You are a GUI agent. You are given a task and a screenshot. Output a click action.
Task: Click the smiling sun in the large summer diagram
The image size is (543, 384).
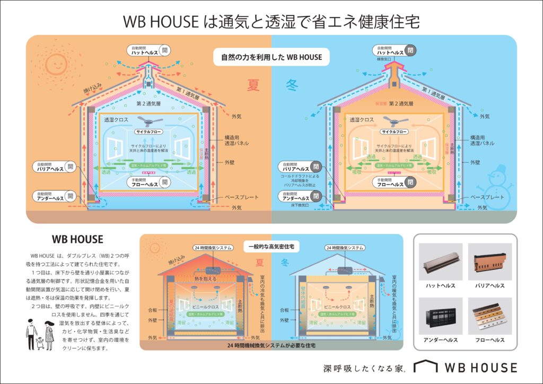pyautogui.click(x=55, y=63)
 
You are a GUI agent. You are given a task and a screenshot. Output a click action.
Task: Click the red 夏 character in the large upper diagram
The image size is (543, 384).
pyautogui.click(x=255, y=84)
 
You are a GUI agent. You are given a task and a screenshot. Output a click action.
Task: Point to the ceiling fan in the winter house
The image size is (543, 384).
pyautogui.click(x=393, y=120)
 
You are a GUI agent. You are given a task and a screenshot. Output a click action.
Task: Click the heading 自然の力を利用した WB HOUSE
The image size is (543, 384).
pyautogui.click(x=271, y=57)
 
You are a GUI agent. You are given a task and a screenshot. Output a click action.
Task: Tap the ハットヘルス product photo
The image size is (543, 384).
pyautogui.click(x=441, y=263)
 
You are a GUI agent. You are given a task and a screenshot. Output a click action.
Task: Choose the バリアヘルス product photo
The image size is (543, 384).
pyautogui.click(x=489, y=263)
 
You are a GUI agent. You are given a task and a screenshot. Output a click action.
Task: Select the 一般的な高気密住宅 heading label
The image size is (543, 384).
pyautogui.click(x=271, y=247)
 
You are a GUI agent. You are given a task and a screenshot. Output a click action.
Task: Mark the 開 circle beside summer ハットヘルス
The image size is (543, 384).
pyautogui.click(x=165, y=50)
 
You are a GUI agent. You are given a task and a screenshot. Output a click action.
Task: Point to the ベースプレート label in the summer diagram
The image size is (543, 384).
pyautogui.click(x=241, y=197)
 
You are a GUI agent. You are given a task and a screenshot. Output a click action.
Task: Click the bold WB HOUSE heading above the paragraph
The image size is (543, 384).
pyautogui.click(x=77, y=239)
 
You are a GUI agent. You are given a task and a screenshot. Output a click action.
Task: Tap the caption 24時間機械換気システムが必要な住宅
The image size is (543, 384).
pyautogui.click(x=271, y=345)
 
